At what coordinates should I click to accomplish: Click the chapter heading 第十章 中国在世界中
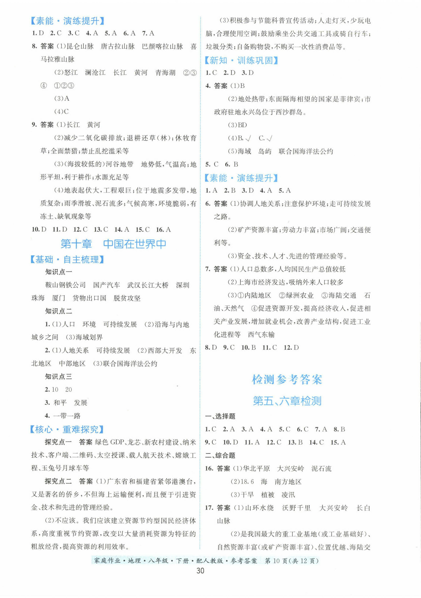(113, 244)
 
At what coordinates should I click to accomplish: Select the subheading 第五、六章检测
(287, 401)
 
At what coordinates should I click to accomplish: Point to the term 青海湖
(165, 73)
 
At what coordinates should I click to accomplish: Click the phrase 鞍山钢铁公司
(65, 285)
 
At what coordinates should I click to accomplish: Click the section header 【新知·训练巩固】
(241, 60)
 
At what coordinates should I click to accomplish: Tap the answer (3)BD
(237, 125)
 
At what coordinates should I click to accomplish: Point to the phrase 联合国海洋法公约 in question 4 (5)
(306, 151)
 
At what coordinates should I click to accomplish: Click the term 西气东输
(261, 334)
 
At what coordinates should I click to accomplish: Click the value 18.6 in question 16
(247, 482)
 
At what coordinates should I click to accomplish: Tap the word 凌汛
(288, 495)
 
